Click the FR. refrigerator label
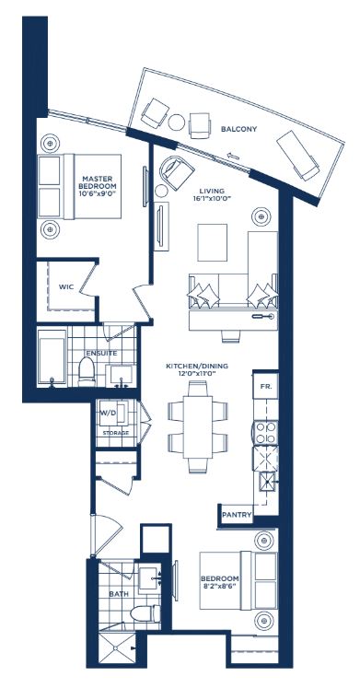point(264,386)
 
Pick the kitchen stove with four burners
point(266,433)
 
